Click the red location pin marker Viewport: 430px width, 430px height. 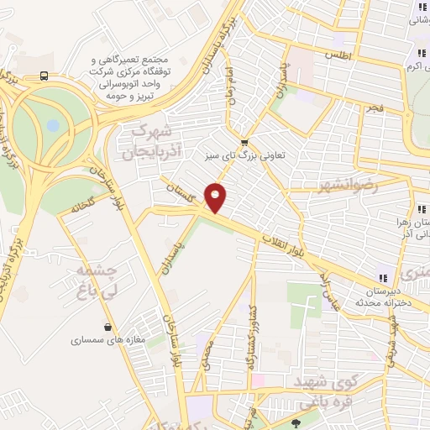point(217,197)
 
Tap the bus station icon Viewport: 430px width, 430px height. point(44,75)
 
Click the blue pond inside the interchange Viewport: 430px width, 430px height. point(53,125)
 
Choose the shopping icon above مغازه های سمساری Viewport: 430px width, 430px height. point(108,327)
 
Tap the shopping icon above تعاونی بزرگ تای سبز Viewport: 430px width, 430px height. point(244,142)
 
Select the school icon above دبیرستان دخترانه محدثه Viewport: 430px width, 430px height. point(383,278)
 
